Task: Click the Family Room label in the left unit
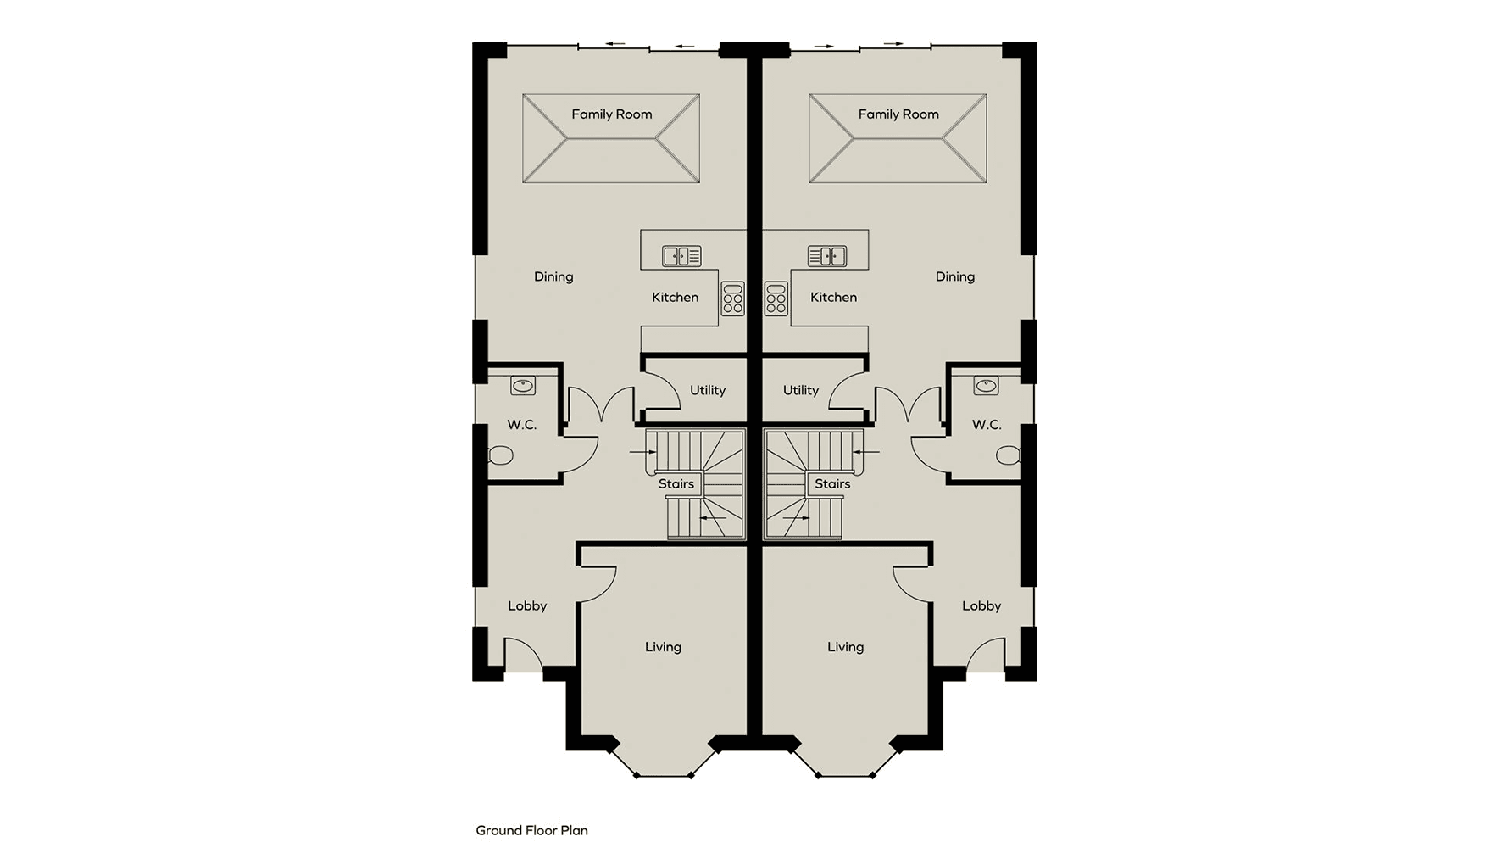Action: (611, 114)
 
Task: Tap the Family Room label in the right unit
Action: (898, 114)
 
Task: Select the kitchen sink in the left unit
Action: (681, 255)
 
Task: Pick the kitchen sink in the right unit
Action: (827, 255)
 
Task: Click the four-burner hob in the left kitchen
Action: (733, 299)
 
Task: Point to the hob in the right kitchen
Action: (776, 299)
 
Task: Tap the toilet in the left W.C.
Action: (501, 456)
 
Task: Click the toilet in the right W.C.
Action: (1008, 456)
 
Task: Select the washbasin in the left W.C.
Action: (523, 387)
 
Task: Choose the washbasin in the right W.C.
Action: (986, 387)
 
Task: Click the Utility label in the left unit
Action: (708, 391)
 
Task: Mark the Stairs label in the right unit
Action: (832, 484)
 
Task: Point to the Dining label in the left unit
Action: (553, 277)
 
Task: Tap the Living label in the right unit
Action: (846, 648)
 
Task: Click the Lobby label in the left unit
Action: (527, 606)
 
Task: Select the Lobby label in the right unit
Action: (981, 606)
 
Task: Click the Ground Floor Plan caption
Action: (531, 831)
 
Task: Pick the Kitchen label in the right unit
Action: (833, 298)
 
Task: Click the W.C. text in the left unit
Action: (522, 425)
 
